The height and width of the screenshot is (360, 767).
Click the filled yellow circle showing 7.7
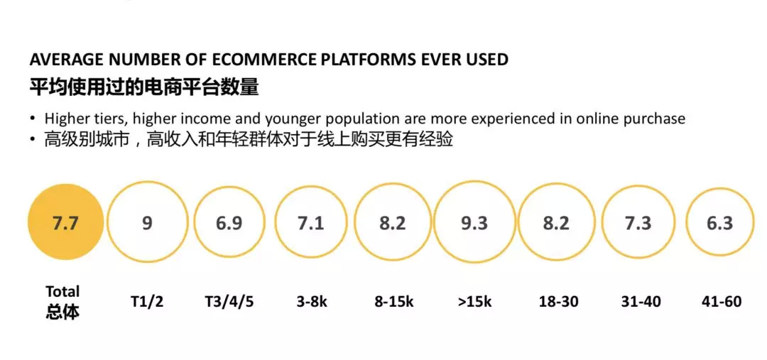tap(65, 222)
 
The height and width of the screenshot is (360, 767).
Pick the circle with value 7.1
tap(275, 222)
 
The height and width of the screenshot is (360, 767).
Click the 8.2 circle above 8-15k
tap(355, 222)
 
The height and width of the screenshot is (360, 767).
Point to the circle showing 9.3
tap(435, 222)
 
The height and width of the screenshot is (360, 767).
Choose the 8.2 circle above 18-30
tap(518, 222)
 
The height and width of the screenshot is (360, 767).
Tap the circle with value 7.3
tap(602, 222)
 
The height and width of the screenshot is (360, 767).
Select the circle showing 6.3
tap(687, 222)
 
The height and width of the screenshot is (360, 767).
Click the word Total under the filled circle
tap(62, 292)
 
